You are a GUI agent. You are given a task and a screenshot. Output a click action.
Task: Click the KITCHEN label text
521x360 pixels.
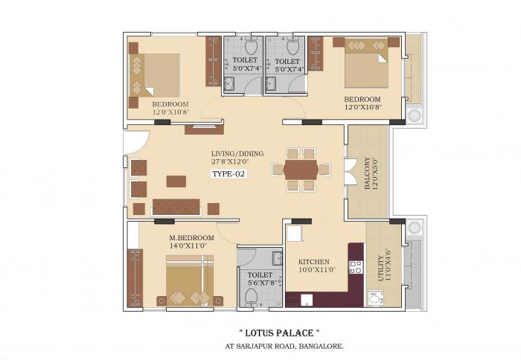[314, 262]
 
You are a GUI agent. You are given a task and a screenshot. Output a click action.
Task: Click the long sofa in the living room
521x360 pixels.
[177, 205]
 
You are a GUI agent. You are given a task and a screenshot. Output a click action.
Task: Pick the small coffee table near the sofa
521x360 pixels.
[176, 180]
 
